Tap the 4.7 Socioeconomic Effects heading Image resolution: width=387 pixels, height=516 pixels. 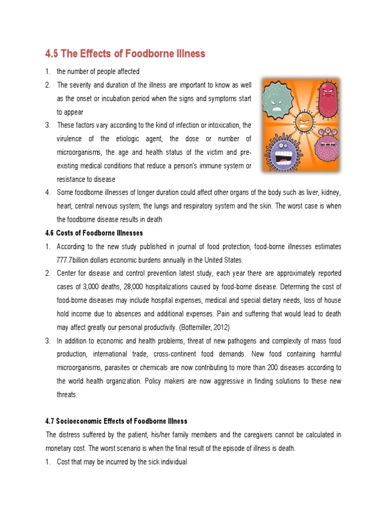pos(116,421)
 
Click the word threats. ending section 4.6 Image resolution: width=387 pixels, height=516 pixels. pos(67,395)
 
